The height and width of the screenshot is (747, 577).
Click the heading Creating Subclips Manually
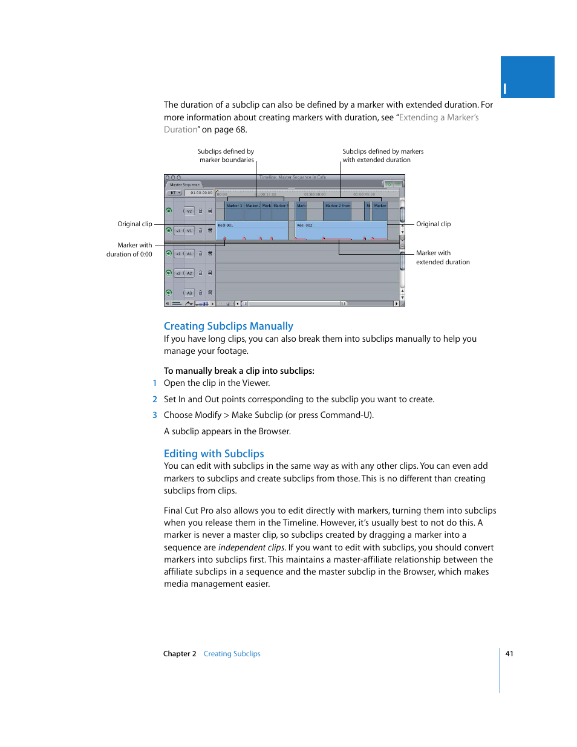click(x=228, y=326)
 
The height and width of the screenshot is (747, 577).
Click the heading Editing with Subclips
click(x=214, y=454)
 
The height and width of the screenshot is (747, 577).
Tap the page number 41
click(x=509, y=653)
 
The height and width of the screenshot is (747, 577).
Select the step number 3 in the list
click(x=155, y=415)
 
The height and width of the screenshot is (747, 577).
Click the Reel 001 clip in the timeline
click(x=251, y=230)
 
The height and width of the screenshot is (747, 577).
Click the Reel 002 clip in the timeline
click(x=340, y=230)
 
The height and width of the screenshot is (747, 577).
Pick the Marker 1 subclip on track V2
click(x=234, y=206)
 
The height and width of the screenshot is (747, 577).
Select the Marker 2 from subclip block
click(x=337, y=206)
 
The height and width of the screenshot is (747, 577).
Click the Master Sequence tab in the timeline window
click(x=184, y=184)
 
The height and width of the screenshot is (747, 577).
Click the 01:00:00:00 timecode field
click(x=201, y=193)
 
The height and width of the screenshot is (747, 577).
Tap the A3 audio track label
click(x=189, y=293)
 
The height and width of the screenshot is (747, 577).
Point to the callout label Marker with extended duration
click(x=442, y=258)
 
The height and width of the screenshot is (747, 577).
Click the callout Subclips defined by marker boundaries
click(x=226, y=155)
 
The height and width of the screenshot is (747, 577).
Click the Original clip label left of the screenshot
click(x=134, y=224)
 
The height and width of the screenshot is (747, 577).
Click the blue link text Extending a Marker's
click(x=438, y=117)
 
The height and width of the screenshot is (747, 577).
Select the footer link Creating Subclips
click(x=232, y=654)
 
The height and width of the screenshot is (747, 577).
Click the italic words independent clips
click(x=251, y=547)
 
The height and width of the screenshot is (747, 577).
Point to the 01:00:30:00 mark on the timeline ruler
click(x=315, y=194)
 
